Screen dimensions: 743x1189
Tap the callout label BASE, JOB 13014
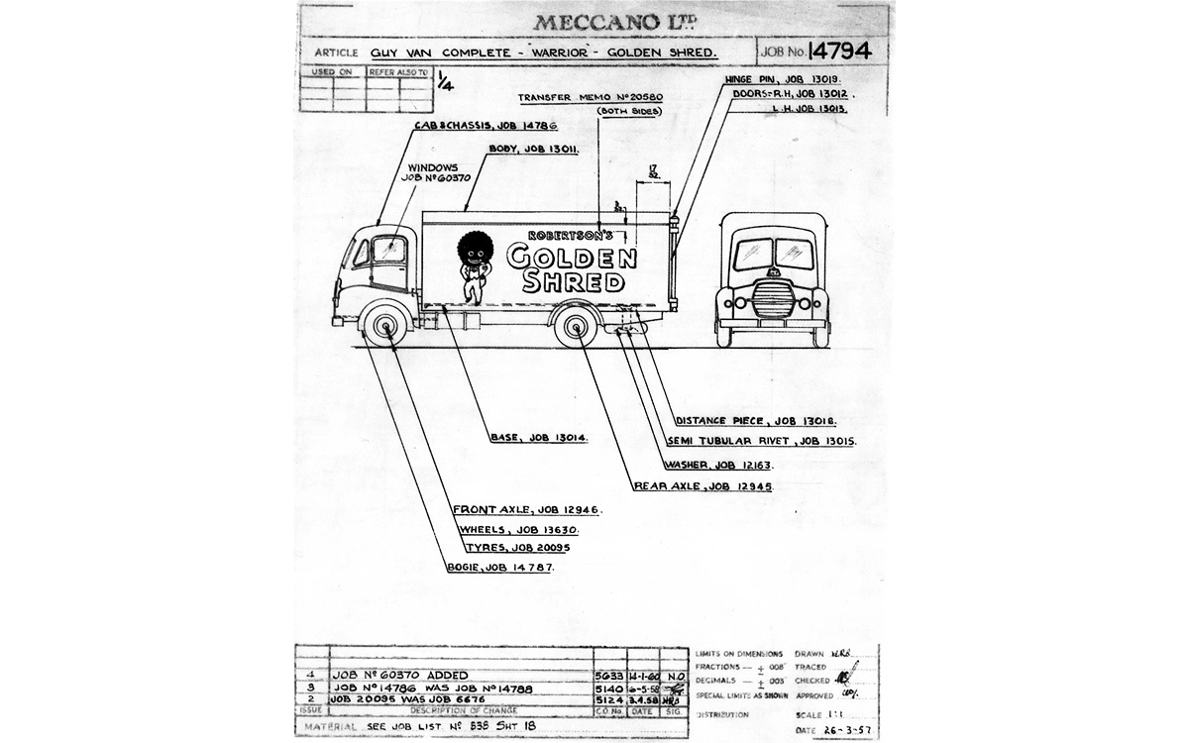pos(538,437)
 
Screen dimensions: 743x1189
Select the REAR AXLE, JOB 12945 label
pos(702,486)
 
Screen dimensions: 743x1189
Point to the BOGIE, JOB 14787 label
pos(499,568)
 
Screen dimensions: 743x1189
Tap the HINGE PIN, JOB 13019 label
pos(769,77)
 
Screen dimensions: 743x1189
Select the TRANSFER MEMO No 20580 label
pos(591,97)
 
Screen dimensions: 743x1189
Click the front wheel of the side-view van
pos(385,326)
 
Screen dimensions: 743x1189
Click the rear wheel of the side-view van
pos(576,326)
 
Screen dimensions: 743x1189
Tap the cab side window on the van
pos(388,251)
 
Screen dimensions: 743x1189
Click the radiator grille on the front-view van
pos(773,297)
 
